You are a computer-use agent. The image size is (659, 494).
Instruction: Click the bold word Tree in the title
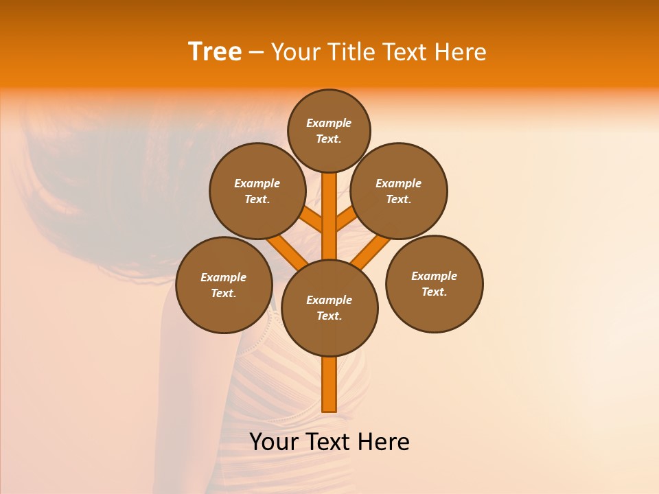(x=215, y=51)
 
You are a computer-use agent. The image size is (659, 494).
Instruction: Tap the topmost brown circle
(x=329, y=130)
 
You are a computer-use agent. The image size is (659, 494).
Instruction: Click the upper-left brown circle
(x=257, y=191)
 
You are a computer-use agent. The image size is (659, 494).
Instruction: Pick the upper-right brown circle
(x=399, y=191)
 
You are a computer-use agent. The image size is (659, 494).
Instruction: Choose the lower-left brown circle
(x=224, y=285)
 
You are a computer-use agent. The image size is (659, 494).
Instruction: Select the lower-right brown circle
(x=435, y=283)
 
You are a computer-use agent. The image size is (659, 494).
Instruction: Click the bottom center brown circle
(x=329, y=308)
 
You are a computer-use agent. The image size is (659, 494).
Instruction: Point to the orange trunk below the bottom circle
(x=329, y=384)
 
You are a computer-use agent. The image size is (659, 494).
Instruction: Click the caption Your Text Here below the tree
(x=329, y=442)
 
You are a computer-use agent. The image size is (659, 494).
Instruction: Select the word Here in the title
(x=462, y=52)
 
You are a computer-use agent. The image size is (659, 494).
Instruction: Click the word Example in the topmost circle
(x=329, y=123)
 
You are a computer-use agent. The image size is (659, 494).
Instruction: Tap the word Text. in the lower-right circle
(x=434, y=292)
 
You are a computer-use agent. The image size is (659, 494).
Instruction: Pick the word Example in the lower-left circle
(x=223, y=277)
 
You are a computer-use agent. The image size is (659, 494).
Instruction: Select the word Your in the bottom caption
(x=274, y=442)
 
